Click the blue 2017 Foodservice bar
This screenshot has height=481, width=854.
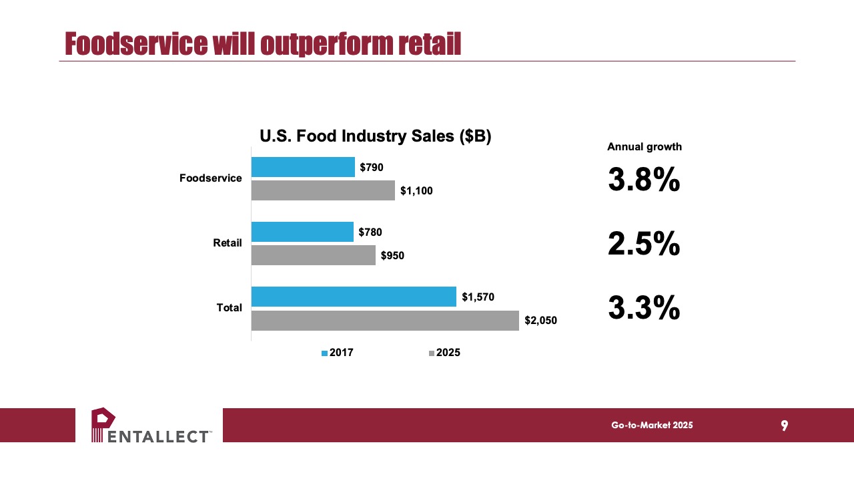[x=303, y=167]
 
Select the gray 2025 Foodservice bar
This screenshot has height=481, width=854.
[x=324, y=190]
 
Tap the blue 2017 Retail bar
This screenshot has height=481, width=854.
[x=302, y=232]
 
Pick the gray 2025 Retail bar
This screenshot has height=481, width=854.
[x=314, y=255]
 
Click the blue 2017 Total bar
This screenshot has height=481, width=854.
[x=354, y=297]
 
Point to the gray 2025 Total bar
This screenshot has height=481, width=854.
[x=385, y=320]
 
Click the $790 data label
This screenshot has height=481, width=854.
[x=372, y=167]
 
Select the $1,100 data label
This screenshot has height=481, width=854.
[x=416, y=191]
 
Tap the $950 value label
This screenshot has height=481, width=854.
[x=392, y=255]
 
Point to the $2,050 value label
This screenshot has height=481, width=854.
[x=540, y=320]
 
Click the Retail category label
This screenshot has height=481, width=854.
[x=228, y=243]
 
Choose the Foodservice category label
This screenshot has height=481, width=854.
[x=210, y=178]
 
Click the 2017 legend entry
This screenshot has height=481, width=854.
[x=338, y=352]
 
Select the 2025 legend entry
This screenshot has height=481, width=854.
[x=444, y=352]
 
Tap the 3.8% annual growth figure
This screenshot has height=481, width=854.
[x=644, y=179]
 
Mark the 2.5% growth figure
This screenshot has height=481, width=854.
[x=644, y=244]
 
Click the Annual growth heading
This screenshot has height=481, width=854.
[x=645, y=146]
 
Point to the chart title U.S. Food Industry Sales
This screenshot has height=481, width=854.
[x=376, y=136]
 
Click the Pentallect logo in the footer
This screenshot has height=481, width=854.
[x=151, y=425]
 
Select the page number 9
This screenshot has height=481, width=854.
[x=784, y=426]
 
